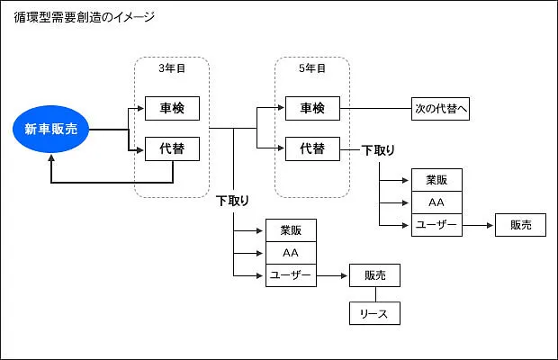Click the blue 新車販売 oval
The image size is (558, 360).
[51, 129]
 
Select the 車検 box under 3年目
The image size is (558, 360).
[172, 109]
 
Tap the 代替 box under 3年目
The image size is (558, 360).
[172, 148]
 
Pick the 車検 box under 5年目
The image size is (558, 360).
[312, 109]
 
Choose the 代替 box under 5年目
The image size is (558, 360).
[312, 148]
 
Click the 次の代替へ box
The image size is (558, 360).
[441, 109]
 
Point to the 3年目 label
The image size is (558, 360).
[172, 68]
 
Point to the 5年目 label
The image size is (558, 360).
[312, 68]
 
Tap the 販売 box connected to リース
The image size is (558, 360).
[374, 274]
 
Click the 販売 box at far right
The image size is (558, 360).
[520, 225]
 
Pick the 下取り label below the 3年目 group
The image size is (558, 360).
[233, 201]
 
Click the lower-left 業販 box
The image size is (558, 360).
[291, 230]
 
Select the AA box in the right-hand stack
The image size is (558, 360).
[436, 202]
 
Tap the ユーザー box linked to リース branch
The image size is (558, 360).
[291, 274]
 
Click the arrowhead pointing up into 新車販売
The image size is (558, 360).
[51, 157]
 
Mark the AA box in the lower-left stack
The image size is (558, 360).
[291, 253]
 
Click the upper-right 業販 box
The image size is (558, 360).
[436, 180]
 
